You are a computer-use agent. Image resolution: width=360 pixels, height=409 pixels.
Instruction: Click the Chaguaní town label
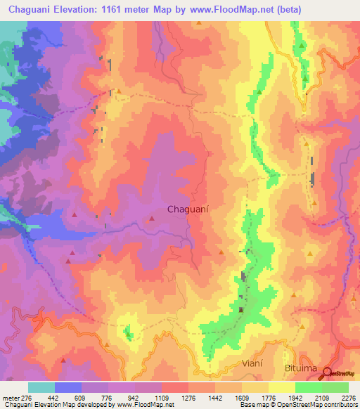click(x=186, y=209)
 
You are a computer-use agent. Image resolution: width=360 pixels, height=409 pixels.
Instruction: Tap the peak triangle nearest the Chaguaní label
click(x=151, y=219)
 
